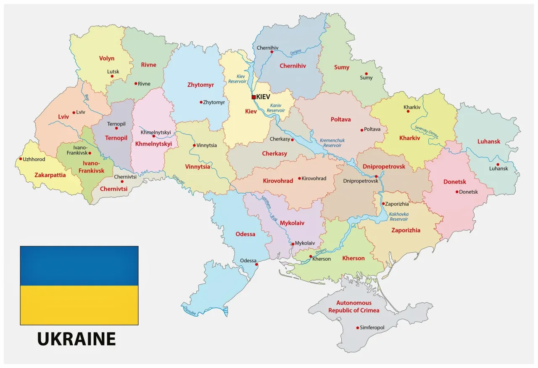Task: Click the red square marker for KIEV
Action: tap(253, 97)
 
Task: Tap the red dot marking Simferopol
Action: tap(358, 328)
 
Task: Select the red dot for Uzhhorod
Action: tap(21, 159)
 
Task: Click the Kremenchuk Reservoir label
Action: tap(330, 142)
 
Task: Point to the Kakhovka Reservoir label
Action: tap(398, 216)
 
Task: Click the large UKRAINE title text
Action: tap(76, 339)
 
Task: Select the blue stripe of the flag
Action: tap(79, 266)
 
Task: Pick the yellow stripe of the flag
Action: tap(79, 305)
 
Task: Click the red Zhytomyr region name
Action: tap(200, 85)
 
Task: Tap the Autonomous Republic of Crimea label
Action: tap(353, 307)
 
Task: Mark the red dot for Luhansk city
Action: tap(498, 165)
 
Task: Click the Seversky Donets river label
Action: tap(427, 133)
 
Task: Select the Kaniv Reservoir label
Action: tap(276, 107)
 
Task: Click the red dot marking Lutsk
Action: tap(112, 76)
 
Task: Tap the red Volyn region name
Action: tap(107, 59)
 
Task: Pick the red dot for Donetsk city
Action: tap(457, 192)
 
